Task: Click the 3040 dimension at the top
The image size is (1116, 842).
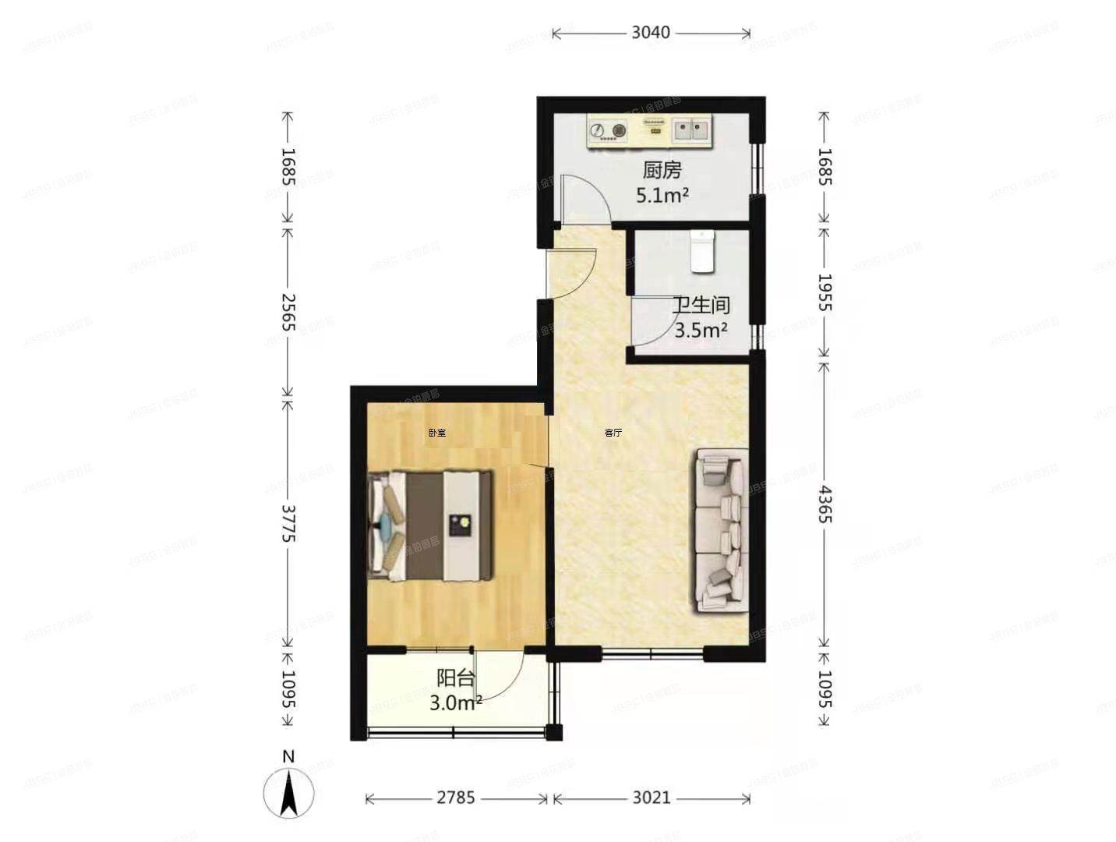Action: click(651, 33)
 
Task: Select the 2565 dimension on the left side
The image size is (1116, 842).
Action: click(288, 312)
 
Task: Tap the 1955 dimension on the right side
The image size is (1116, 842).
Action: click(825, 292)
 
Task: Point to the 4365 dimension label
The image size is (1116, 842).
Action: click(825, 504)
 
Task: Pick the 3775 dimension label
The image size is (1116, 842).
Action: click(288, 524)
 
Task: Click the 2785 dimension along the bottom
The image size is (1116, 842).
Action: click(456, 798)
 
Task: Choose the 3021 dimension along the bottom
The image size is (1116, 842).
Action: click(651, 798)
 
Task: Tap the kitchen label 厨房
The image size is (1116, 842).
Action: click(662, 170)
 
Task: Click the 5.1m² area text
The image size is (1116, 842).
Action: click(662, 195)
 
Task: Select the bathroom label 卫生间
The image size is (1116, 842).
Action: click(701, 305)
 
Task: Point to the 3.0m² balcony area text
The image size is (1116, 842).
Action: click(455, 702)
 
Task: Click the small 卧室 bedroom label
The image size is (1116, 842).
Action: click(437, 433)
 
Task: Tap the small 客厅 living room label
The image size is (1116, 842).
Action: click(613, 433)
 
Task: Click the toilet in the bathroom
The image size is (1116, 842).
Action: click(702, 251)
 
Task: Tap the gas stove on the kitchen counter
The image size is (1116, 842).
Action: click(609, 132)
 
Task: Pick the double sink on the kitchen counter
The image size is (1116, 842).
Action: click(692, 130)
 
